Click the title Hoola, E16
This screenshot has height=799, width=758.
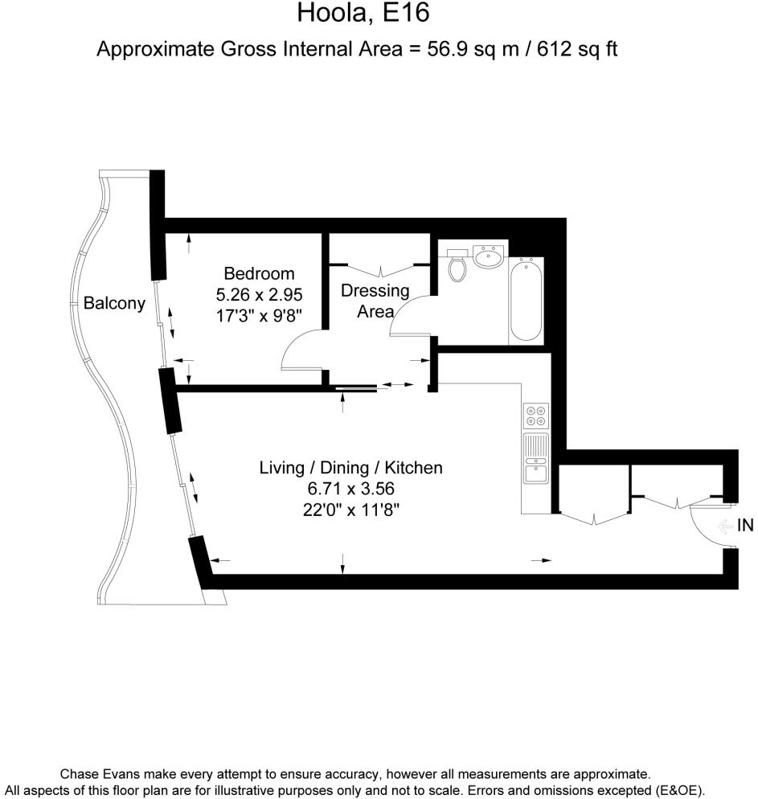click(363, 14)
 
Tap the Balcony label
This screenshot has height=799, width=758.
click(114, 303)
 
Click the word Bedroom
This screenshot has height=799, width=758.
click(259, 273)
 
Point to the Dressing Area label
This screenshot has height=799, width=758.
click(375, 301)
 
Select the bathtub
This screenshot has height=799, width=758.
click(527, 300)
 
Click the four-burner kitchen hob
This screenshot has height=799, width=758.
click(535, 415)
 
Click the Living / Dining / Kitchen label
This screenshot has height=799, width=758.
click(350, 467)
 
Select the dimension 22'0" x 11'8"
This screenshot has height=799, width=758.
click(350, 508)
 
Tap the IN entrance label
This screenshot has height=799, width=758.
click(745, 526)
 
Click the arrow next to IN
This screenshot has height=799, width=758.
click(724, 527)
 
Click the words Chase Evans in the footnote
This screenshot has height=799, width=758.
click(99, 775)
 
